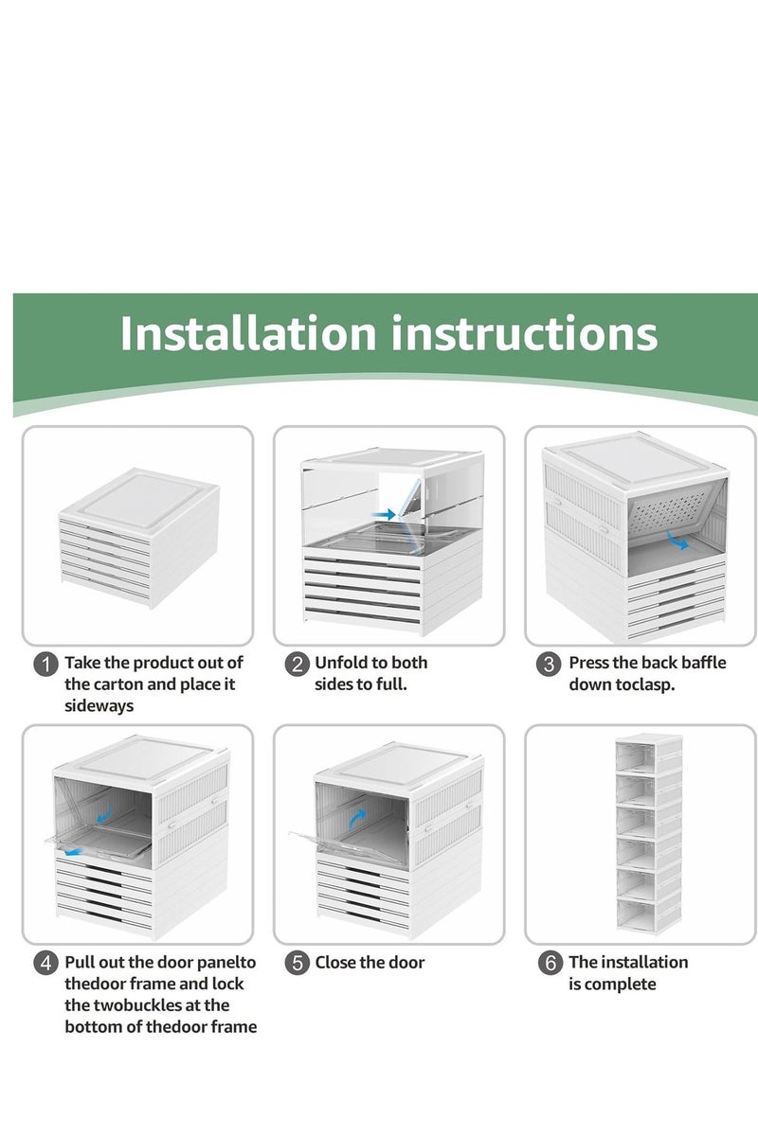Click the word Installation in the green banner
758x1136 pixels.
point(248,333)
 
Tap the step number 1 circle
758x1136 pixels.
point(46,664)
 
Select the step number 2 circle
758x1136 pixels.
point(298,664)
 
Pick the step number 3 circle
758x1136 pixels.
point(549,664)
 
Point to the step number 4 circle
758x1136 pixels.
point(46,964)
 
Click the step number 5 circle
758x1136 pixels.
point(298,964)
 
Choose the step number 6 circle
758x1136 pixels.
point(550,964)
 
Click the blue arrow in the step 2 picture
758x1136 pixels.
point(383,514)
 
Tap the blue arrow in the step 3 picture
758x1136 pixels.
point(678,541)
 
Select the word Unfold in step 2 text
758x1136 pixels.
point(343,663)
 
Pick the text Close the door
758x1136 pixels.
point(370,963)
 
